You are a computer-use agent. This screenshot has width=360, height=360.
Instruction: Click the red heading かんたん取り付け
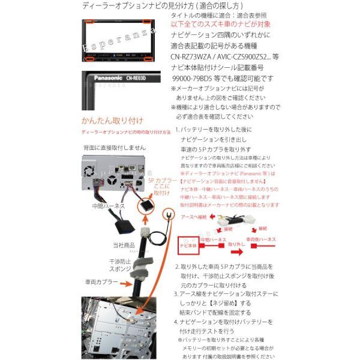pyautogui.click(x=107, y=120)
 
